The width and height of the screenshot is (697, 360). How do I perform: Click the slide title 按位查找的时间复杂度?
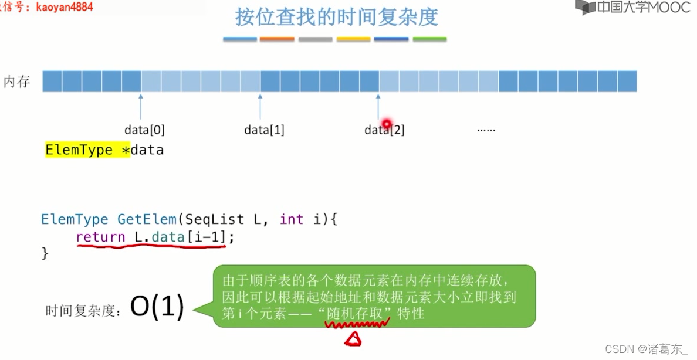point(336,17)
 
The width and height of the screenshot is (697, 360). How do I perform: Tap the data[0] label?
point(144,130)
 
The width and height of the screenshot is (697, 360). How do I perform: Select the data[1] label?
point(264,130)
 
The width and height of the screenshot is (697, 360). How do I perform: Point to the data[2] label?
point(384,130)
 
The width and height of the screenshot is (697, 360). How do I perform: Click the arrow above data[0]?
point(141,106)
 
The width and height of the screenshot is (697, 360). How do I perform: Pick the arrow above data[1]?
point(260,106)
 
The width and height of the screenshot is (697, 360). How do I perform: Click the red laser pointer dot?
point(386,124)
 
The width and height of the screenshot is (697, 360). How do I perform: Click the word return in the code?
point(100,237)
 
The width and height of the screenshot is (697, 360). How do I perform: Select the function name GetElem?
point(147,220)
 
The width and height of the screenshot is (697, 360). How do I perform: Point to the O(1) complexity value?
point(157,306)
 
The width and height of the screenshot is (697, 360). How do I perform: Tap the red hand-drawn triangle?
point(353,338)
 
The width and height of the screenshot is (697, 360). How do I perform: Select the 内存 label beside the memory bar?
point(17,81)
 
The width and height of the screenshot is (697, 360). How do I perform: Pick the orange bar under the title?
point(277,39)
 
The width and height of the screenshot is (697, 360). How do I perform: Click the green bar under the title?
point(429,39)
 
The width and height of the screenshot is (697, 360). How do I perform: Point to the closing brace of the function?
point(45,253)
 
